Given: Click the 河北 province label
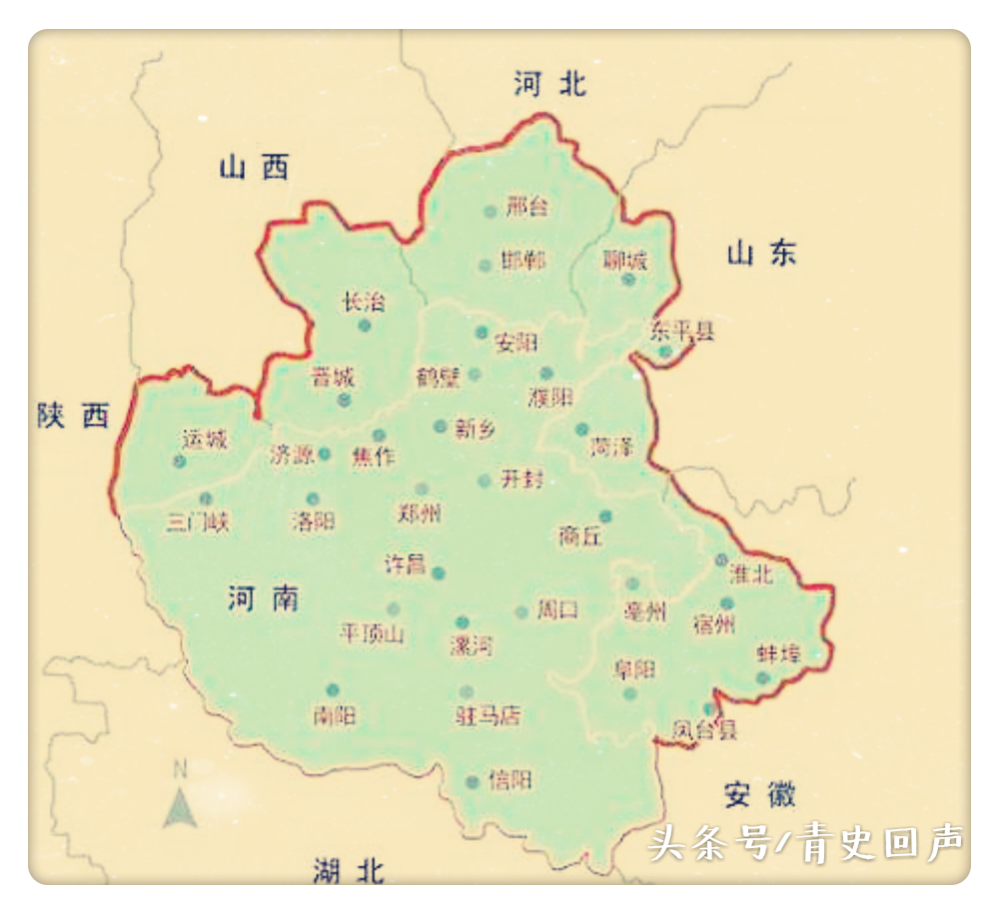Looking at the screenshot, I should point(550,84).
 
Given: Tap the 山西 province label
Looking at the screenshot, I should point(254,167).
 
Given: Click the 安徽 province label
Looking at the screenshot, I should point(760,795).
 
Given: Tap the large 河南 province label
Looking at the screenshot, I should point(263,598).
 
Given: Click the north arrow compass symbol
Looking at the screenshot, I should point(179,798).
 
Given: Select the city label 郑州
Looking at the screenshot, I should point(420,514).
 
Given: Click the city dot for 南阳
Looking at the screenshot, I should point(333,689).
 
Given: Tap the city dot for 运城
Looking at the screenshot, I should point(180,460).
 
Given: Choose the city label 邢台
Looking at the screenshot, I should point(527,208).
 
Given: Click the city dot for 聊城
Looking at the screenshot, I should point(628,280).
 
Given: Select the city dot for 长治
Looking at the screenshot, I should point(365,326).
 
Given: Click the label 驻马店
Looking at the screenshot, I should point(488,715).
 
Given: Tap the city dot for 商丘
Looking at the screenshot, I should point(605,516).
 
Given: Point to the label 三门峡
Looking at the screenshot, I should point(198,521).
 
